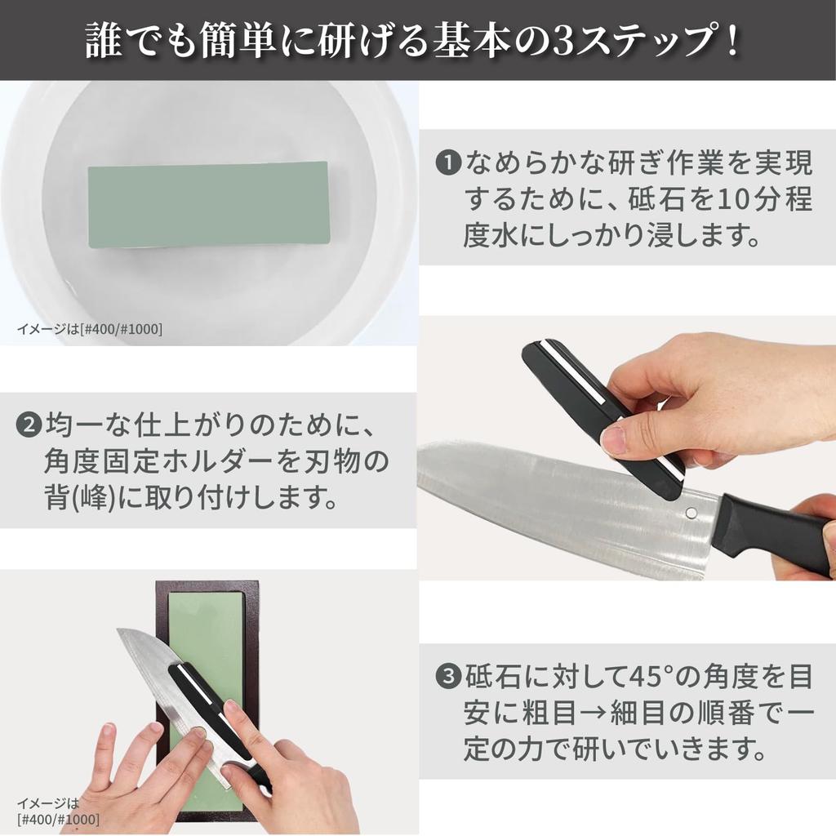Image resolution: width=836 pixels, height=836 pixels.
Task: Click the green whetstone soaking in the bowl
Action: pyautogui.click(x=208, y=204)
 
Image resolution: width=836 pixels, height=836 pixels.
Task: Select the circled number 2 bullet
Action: pyautogui.click(x=29, y=425)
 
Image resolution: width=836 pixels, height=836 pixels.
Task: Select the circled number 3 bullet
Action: pyautogui.click(x=448, y=677)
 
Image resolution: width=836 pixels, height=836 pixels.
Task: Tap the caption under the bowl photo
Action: pyautogui.click(x=89, y=329)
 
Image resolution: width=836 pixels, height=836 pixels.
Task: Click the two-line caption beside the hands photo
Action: pyautogui.click(x=57, y=810)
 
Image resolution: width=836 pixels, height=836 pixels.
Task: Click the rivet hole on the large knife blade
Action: pyautogui.click(x=691, y=514)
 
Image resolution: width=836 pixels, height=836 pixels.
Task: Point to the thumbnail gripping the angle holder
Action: pyautogui.click(x=614, y=441)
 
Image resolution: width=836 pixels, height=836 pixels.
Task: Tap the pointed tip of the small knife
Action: pyautogui.click(x=121, y=632)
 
